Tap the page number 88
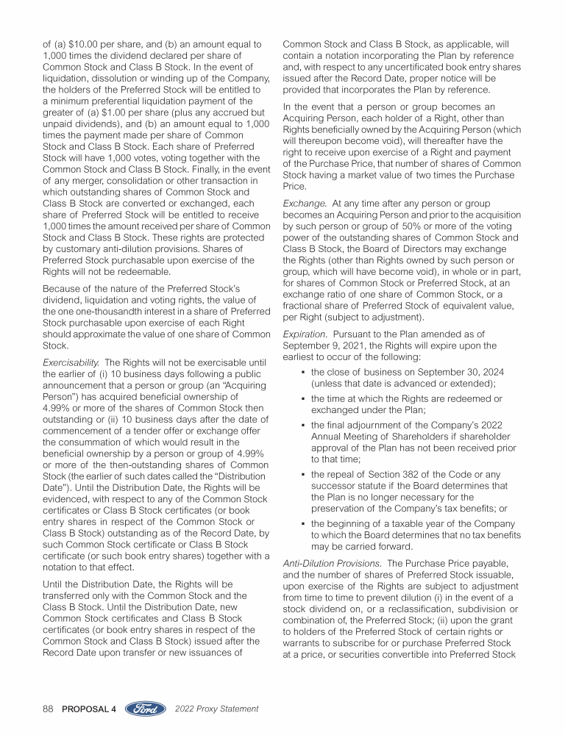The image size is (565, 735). click(x=49, y=709)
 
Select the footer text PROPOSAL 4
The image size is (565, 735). click(x=89, y=709)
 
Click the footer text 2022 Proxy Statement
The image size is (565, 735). click(x=218, y=709)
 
